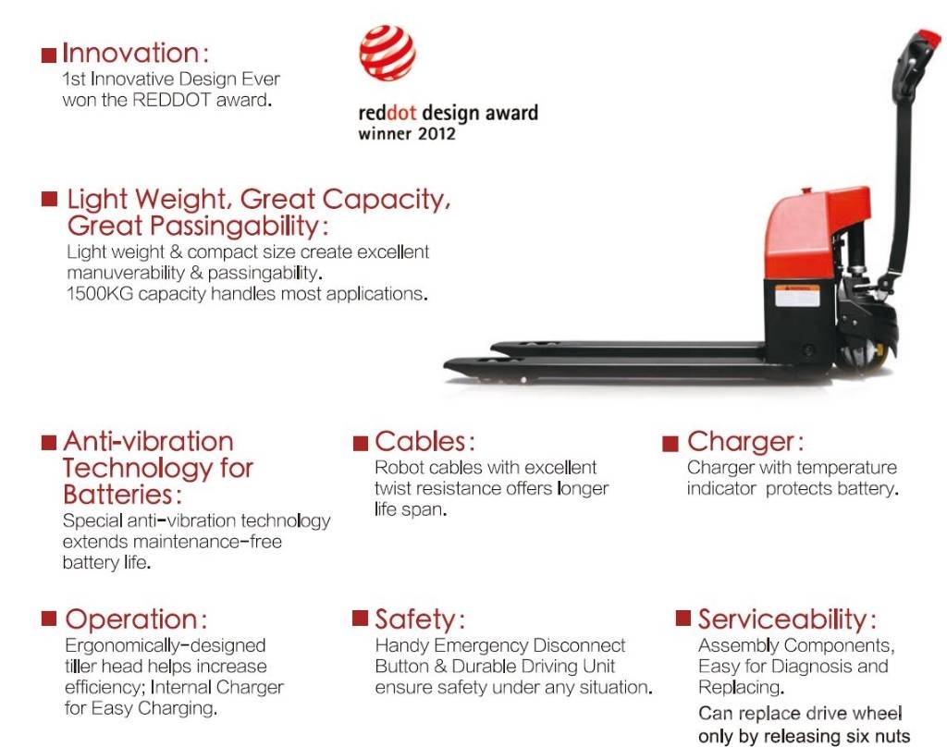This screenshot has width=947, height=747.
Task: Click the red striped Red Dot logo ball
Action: pyautogui.click(x=387, y=53)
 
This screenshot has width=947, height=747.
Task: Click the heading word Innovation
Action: pyautogui.click(x=130, y=53)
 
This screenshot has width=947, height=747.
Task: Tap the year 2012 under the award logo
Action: pyautogui.click(x=437, y=133)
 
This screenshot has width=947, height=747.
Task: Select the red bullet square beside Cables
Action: pyautogui.click(x=361, y=443)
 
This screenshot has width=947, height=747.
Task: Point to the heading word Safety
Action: pyautogui.click(x=415, y=620)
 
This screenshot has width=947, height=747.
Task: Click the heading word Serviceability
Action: pyautogui.click(x=782, y=619)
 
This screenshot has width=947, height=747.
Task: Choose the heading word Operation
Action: pyautogui.click(x=131, y=620)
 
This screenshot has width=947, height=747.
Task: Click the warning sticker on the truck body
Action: pyautogui.click(x=797, y=296)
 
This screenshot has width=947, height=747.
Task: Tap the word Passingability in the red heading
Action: pyautogui.click(x=234, y=227)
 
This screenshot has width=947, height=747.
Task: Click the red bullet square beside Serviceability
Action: pyautogui.click(x=683, y=618)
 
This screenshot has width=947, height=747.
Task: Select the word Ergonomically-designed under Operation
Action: pyautogui.click(x=165, y=646)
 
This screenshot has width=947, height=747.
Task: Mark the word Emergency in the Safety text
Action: pyautogui.click(x=481, y=646)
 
